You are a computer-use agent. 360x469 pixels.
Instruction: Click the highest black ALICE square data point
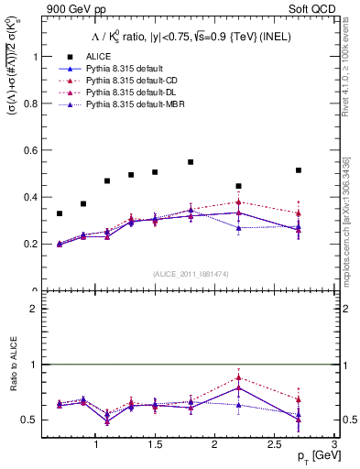point(191,162)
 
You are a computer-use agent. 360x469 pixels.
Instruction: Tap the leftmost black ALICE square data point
point(60,213)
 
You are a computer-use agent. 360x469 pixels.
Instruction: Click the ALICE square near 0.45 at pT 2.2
point(238,186)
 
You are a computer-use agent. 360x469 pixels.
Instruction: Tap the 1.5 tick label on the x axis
point(155,444)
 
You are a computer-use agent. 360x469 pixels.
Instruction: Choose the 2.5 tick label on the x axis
point(275,444)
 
